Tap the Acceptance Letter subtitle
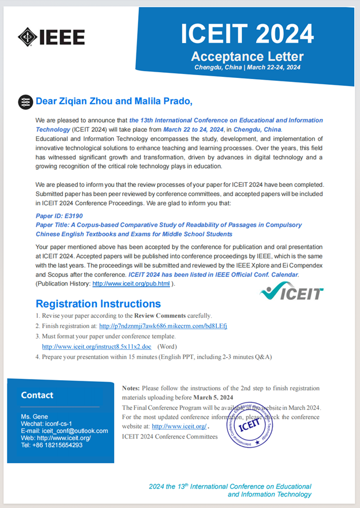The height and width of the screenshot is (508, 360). point(247,56)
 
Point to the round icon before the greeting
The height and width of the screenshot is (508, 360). point(25,102)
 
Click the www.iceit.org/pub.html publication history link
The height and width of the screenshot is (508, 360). point(131,284)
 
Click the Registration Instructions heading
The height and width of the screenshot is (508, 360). point(98,303)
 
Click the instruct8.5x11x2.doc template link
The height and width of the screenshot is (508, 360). point(96,346)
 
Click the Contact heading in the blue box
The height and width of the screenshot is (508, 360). point(37,395)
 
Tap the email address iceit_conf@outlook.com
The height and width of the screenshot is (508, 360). point(71,431)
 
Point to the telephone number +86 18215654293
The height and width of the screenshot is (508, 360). point(58,445)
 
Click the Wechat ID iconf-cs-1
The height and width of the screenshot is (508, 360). point(60,424)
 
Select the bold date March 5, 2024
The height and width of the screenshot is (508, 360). point(213,397)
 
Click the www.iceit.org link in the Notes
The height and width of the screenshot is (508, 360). point(179,427)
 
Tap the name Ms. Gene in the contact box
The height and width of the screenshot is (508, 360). point(34,417)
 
